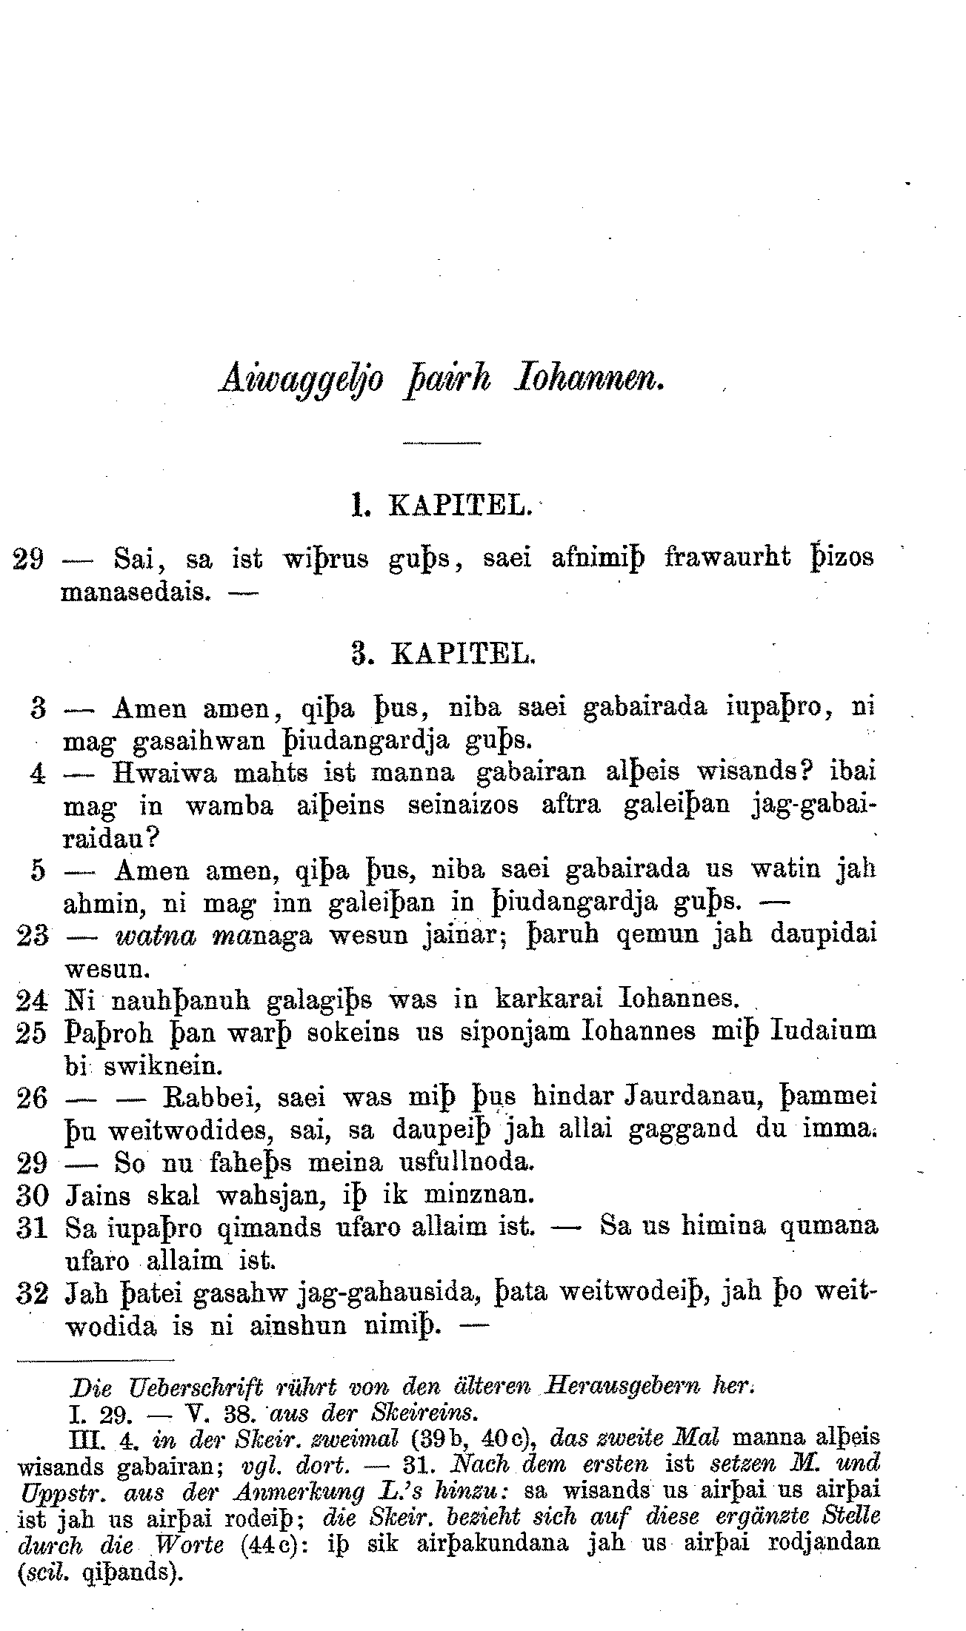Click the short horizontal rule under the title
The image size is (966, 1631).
(x=442, y=443)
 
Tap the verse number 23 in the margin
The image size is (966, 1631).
(x=33, y=935)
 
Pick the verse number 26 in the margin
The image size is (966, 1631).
(x=33, y=1097)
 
